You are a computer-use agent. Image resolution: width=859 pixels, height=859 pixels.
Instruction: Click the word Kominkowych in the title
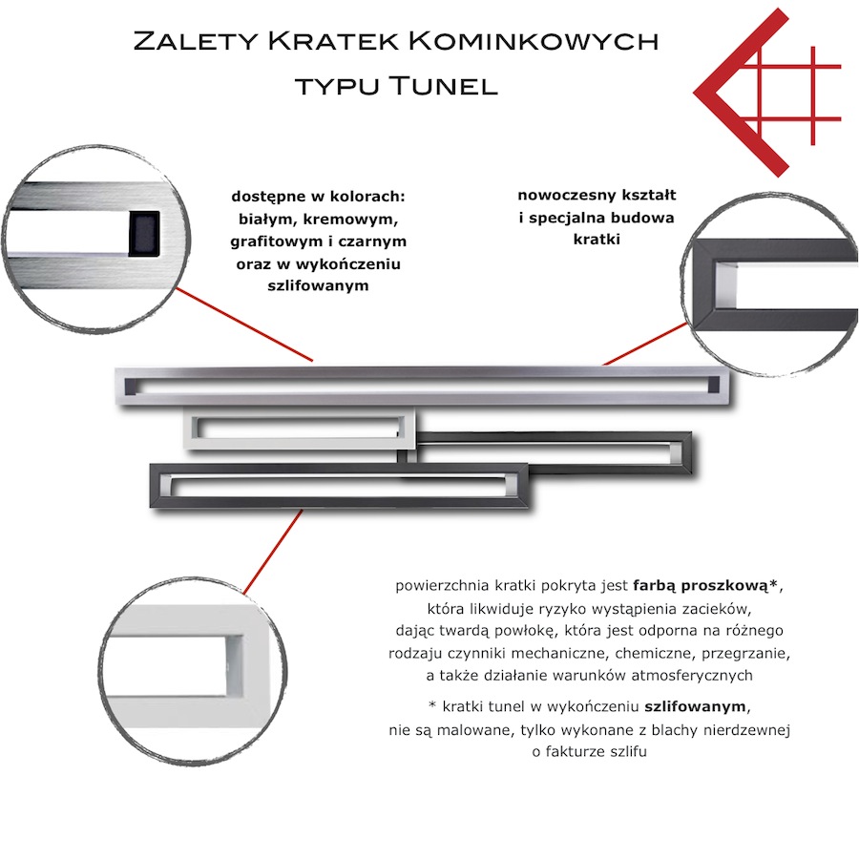534,41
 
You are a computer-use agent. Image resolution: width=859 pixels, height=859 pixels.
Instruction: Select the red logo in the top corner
767,92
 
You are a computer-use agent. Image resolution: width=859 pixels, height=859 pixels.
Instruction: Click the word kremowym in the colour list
350,220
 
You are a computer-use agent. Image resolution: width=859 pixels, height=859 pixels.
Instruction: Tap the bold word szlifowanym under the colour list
318,285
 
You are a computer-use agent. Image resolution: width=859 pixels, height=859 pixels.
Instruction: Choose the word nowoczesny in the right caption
566,195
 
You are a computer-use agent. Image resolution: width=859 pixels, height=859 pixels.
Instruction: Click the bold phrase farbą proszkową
701,586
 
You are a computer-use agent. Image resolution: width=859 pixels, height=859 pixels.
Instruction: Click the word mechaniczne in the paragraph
569,654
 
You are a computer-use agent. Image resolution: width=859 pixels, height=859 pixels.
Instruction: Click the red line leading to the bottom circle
272,552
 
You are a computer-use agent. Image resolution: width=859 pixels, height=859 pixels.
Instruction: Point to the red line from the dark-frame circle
645,344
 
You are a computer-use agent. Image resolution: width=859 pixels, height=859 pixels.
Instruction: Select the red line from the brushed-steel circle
244,325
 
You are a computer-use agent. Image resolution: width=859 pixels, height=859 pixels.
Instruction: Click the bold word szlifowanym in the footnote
695,706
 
